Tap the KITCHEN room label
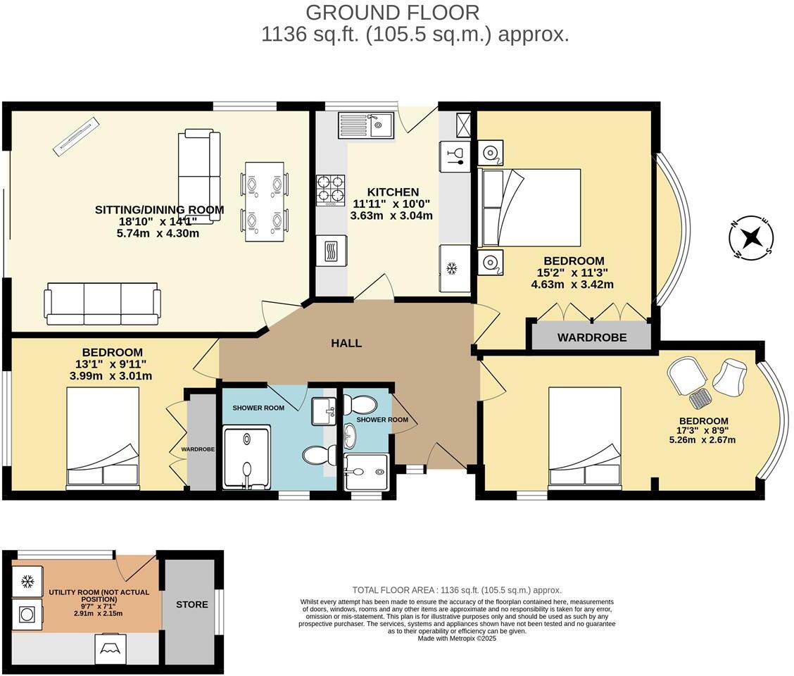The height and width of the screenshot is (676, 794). coord(392,192)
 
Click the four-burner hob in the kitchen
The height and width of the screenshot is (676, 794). coord(330,189)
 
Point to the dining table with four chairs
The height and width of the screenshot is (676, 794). coord(265,201)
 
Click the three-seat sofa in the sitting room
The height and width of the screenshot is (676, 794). coord(102,303)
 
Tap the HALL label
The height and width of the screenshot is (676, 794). coord(346,344)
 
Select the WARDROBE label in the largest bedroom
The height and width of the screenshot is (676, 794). coord(591,337)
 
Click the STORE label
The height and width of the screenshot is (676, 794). coord(191,604)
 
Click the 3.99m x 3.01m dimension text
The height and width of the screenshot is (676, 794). coord(111,376)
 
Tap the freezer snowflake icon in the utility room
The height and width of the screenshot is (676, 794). coord(27,582)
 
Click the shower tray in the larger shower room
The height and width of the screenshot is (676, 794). coord(246,457)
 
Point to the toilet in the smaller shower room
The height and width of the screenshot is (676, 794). coord(360,404)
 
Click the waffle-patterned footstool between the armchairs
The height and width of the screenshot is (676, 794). coord(700,399)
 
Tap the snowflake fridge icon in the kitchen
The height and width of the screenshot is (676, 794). coord(453,268)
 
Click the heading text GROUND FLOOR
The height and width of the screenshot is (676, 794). coord(393,12)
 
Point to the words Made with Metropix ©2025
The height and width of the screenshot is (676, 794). coord(457,639)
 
